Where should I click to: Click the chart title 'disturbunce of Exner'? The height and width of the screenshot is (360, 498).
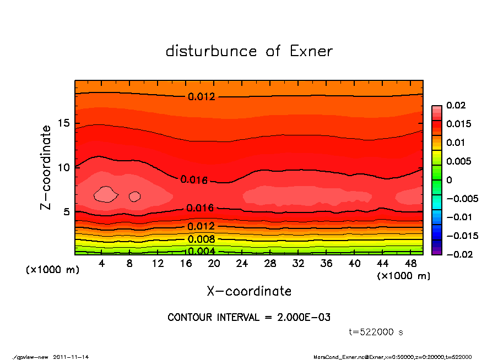[x=249, y=51]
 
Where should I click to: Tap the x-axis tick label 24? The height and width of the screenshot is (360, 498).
[x=242, y=264]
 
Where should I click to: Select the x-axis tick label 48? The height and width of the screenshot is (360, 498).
[x=411, y=264]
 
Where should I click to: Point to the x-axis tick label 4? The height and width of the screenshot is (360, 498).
[x=101, y=264]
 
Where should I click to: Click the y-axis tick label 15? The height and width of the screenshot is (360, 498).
[x=63, y=123]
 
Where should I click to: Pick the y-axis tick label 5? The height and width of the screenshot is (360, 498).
[x=67, y=212]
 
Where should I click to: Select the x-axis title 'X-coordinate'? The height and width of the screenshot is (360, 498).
[x=249, y=291]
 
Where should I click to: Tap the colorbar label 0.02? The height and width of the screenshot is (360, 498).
[x=456, y=105]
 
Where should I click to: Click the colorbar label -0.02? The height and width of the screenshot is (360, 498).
[x=458, y=254]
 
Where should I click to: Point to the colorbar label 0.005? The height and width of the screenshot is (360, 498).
[x=458, y=161]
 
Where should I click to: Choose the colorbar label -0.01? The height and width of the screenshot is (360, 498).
[x=458, y=217]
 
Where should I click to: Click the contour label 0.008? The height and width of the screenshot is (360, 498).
[x=201, y=239]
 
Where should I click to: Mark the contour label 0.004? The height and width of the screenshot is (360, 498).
[x=201, y=252]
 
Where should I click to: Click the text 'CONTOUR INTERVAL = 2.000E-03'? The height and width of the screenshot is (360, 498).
[x=249, y=318]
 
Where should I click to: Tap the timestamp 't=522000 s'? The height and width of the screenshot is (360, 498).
[x=376, y=332]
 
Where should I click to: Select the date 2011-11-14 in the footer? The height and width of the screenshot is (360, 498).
[x=71, y=357]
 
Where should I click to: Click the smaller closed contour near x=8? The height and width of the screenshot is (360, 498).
[x=134, y=196]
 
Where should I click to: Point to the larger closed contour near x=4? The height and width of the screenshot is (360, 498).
[x=106, y=194]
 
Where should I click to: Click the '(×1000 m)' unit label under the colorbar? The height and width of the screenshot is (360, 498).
[x=404, y=276]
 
